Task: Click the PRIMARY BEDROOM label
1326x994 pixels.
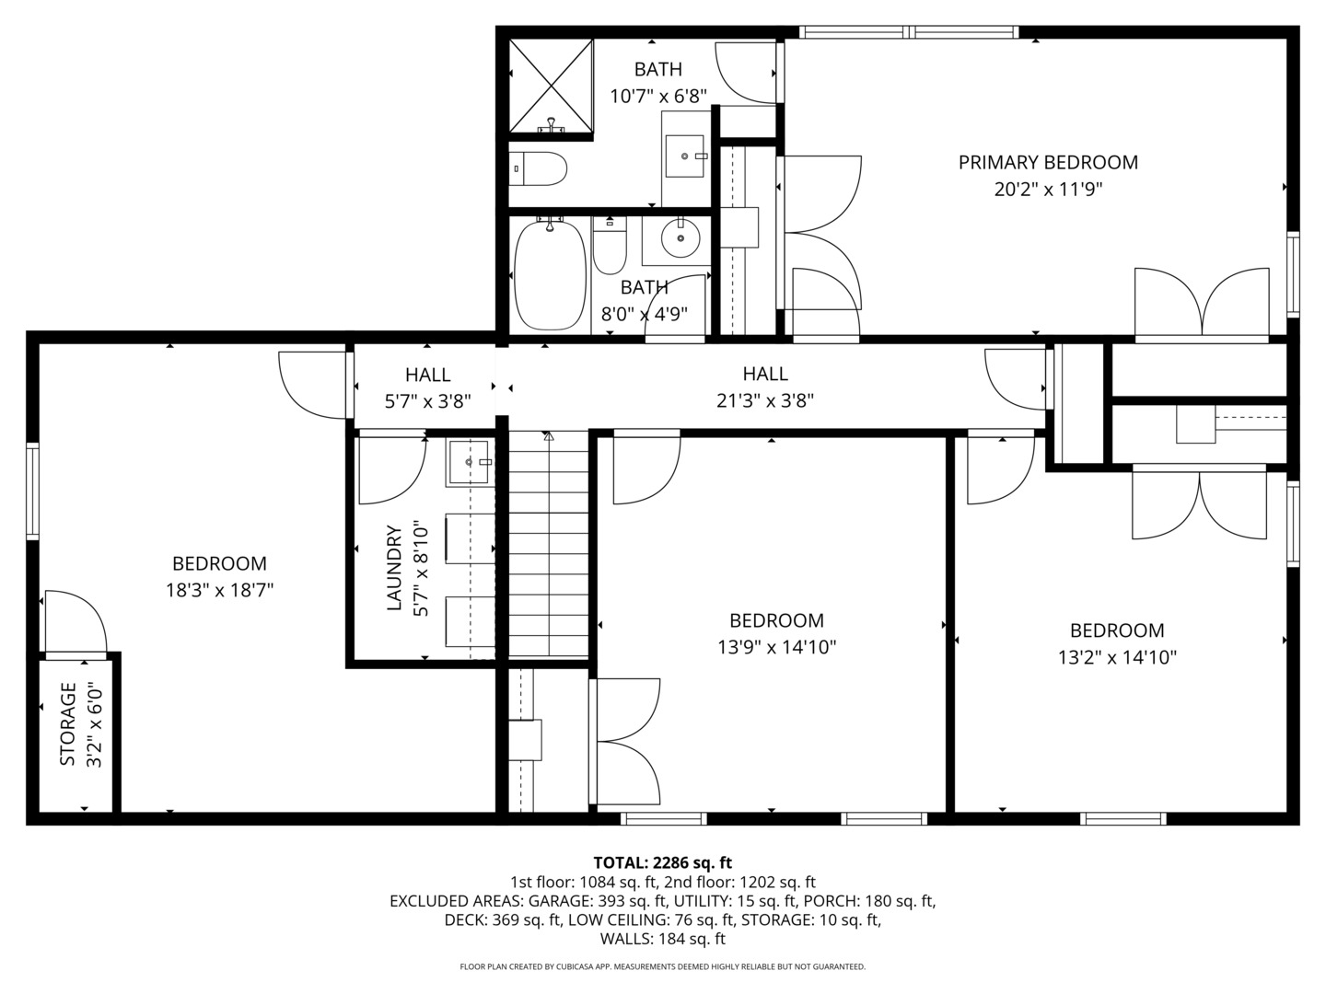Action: [x=1048, y=163]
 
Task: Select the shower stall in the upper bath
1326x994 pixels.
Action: [x=551, y=87]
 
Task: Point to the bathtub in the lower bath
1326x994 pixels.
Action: [x=550, y=275]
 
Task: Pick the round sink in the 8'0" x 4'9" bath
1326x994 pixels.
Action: [x=680, y=240]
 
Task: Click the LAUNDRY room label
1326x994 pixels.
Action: [x=395, y=568]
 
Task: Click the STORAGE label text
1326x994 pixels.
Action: [x=67, y=723]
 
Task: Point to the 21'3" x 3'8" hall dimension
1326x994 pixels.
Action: [x=765, y=401]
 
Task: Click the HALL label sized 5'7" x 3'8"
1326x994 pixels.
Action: [x=427, y=375]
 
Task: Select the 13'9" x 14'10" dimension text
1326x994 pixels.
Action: [x=776, y=648]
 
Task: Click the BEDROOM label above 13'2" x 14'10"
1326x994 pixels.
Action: [x=1117, y=630]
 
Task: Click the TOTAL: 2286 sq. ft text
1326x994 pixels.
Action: [x=662, y=862]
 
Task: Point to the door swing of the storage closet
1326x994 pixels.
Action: [x=74, y=621]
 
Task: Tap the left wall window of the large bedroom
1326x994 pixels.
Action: [x=32, y=490]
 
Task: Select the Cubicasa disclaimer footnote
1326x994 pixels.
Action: [x=662, y=967]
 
